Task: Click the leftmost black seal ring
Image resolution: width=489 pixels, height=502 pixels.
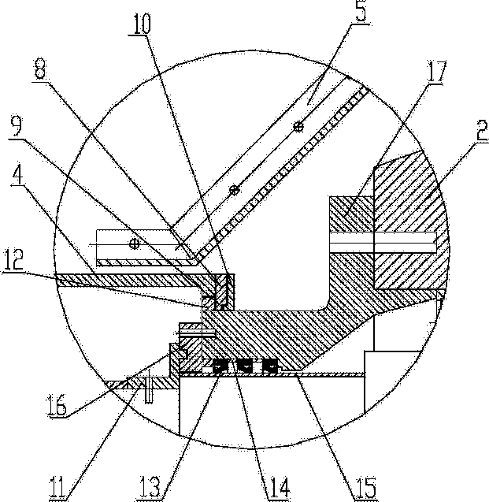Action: coord(222,365)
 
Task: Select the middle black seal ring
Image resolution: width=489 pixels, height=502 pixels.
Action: coord(246,365)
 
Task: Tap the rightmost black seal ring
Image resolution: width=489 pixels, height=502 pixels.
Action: coord(269,365)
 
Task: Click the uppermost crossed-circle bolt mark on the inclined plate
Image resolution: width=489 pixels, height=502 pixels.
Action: coord(298,127)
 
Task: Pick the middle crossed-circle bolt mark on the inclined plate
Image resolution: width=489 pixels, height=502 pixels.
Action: coord(233,190)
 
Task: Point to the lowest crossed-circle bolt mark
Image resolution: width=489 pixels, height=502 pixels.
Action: coord(134,244)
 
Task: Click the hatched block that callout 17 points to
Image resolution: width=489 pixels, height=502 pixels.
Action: coord(350,215)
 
